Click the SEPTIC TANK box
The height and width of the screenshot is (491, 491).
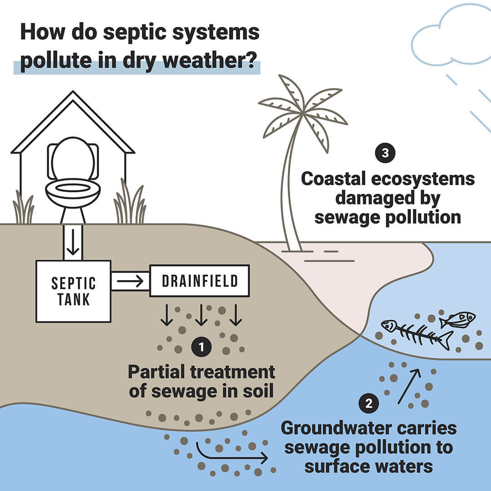click(73, 291)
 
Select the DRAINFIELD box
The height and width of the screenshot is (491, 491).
click(199, 281)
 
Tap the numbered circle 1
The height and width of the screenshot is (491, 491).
click(201, 348)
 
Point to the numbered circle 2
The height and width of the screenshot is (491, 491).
click(369, 403)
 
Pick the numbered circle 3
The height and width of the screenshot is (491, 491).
click(385, 153)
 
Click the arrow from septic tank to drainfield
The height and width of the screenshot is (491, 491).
click(130, 282)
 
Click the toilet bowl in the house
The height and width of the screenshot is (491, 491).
click(73, 191)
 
